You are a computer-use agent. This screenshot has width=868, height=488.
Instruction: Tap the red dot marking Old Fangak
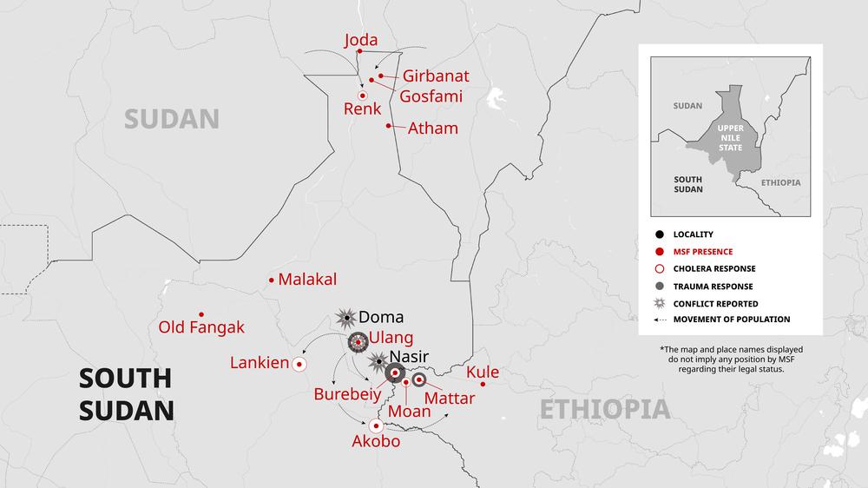point(201,314)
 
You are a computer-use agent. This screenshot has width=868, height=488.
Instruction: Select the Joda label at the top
point(361,40)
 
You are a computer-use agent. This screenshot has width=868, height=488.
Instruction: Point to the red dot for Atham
point(389,126)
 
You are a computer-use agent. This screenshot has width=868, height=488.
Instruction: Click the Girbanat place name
point(436,76)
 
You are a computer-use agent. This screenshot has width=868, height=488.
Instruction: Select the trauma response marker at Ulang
point(358,343)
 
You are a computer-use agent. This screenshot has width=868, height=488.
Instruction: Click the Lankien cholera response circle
point(300,364)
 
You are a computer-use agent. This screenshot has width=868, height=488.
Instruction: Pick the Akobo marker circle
point(376,425)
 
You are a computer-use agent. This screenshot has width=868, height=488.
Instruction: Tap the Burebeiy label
point(347,393)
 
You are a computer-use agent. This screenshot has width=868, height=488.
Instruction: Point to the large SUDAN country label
point(171,119)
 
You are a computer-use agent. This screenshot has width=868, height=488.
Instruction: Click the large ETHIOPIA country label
point(605,409)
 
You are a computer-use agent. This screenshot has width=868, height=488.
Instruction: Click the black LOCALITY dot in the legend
point(661,234)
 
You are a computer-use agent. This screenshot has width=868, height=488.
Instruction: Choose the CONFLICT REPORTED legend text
point(715,304)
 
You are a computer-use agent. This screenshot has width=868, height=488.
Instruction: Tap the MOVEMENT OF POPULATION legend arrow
point(661,320)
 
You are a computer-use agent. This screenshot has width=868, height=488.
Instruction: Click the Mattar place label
point(450,398)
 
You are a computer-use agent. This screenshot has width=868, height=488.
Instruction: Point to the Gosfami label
point(431,96)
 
